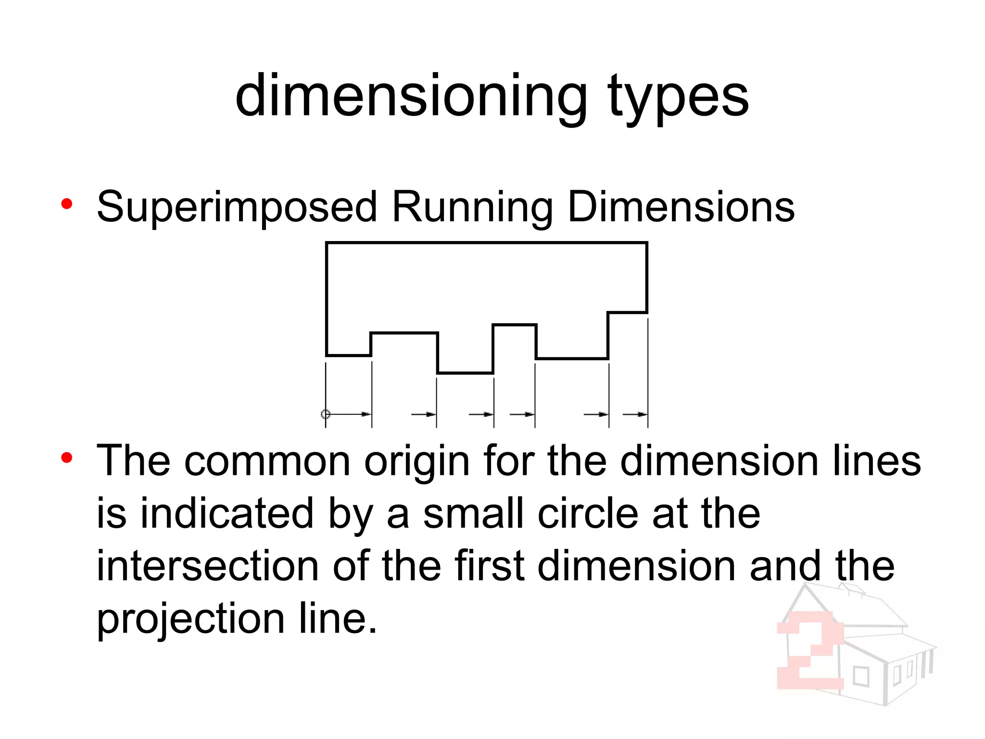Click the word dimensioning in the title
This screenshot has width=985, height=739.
tap(411, 96)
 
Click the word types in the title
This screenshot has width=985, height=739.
tap(678, 99)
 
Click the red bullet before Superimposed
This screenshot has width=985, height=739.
tap(66, 204)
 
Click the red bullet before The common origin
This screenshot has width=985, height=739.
tap(66, 458)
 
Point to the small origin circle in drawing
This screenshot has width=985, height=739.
tap(326, 414)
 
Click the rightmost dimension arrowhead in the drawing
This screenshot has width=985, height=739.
tap(642, 414)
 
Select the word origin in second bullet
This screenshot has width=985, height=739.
tap(417, 462)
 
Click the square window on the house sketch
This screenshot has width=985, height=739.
tap(861, 677)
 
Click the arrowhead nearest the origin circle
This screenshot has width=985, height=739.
tap(366, 414)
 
